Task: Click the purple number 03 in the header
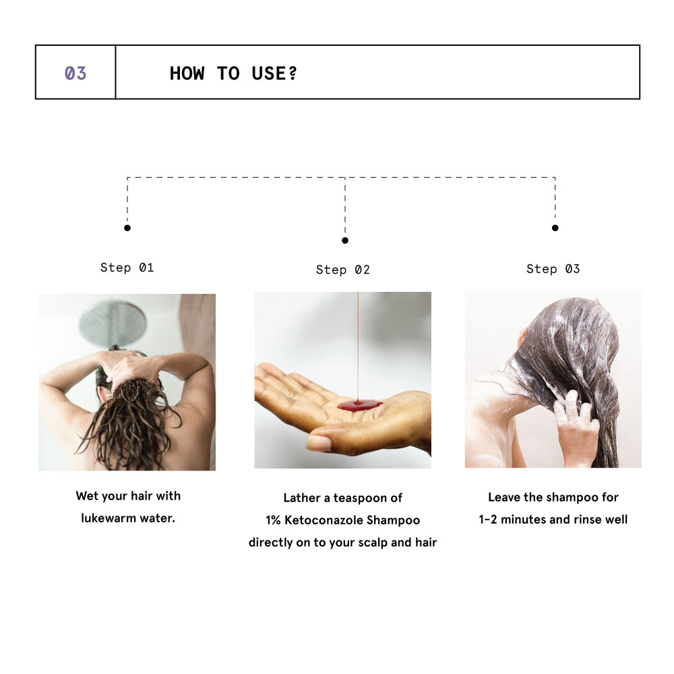coord(75,73)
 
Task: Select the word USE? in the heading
coord(274,73)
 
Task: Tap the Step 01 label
coord(127,268)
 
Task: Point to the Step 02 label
coord(342,270)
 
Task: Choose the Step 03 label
coord(553,269)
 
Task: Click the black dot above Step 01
coord(127,228)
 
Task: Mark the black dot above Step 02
coord(344,241)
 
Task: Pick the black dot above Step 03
coord(555,228)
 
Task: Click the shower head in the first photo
coord(113,322)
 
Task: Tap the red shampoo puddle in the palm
coord(359,404)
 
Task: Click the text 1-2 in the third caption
coord(488,519)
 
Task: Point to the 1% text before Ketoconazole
coord(273,520)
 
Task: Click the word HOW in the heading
coord(187,73)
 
